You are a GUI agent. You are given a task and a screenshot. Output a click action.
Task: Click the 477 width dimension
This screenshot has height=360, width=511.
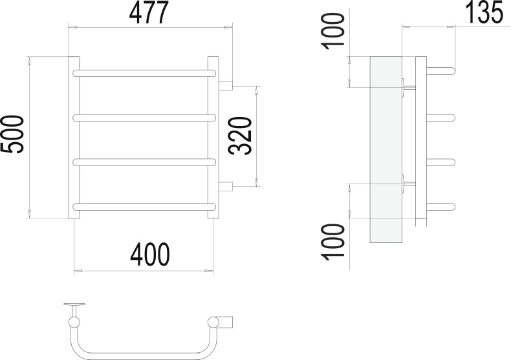(149, 13)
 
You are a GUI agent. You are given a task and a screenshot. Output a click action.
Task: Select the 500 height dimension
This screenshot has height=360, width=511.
(12, 134)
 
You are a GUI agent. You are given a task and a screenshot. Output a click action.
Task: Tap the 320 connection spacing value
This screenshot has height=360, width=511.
(240, 136)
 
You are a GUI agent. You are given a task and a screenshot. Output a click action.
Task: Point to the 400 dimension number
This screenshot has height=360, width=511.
(150, 254)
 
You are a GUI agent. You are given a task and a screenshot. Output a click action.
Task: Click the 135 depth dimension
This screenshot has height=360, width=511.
(484, 12)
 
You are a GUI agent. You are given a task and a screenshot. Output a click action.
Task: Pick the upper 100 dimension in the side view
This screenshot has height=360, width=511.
(333, 31)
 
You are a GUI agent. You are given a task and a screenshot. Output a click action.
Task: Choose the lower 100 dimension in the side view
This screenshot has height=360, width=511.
(333, 242)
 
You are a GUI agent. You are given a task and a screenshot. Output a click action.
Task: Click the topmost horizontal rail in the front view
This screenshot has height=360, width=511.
(144, 73)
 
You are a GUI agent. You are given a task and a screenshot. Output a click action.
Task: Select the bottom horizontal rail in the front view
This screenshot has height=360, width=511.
(144, 207)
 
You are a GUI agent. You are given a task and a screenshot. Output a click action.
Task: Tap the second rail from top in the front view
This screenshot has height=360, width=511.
(144, 118)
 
